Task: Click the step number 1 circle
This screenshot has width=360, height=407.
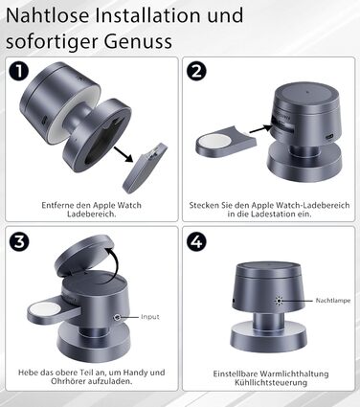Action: pos(19,71)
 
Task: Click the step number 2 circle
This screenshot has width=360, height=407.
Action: pos(196,71)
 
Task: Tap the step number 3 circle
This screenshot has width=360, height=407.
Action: pos(19,241)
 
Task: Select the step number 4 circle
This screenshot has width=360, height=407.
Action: pos(196,241)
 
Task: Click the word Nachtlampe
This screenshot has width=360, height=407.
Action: pos(333,301)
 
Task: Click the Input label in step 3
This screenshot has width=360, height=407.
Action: pos(150,317)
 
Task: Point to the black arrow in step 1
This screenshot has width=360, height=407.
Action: pos(123,154)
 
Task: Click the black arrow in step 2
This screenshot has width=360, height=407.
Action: pos(260,129)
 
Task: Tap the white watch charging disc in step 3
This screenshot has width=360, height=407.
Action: pos(45,310)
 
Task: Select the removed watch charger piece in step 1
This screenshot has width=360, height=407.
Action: pos(146,169)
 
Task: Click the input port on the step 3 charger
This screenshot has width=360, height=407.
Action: pos(117,317)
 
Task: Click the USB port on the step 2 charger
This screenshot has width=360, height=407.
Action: pos(328,137)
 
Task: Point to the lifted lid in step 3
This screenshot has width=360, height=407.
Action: pos(84,258)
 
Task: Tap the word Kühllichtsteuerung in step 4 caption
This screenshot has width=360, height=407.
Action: pos(271,382)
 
